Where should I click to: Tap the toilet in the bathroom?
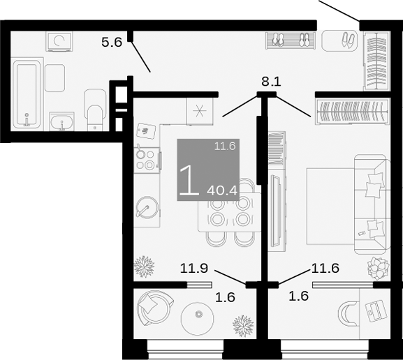pyautogui.click(x=93, y=109)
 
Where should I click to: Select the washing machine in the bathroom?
pyautogui.click(x=59, y=43)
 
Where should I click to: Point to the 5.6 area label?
pyautogui.click(x=112, y=42)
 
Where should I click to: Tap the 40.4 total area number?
pyautogui.click(x=224, y=189)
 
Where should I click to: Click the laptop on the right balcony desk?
pyautogui.click(x=375, y=309)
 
